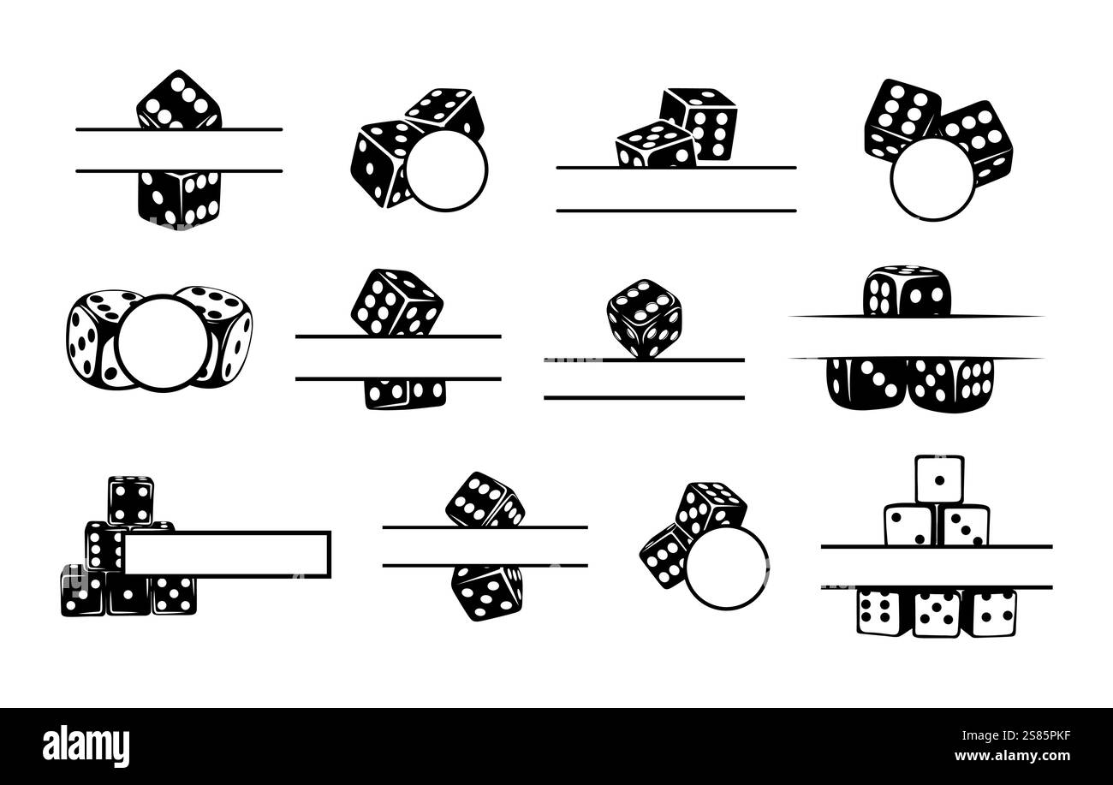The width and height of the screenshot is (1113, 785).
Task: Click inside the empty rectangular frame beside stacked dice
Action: [x=227, y=553]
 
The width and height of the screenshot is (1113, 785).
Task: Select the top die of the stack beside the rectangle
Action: [x=130, y=499]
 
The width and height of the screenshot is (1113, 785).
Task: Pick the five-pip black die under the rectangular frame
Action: [x=174, y=594]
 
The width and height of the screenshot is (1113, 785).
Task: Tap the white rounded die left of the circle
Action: [x=92, y=338]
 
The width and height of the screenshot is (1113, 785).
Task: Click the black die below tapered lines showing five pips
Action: [x=950, y=382]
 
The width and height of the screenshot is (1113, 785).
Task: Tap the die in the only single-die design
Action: [x=644, y=317]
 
